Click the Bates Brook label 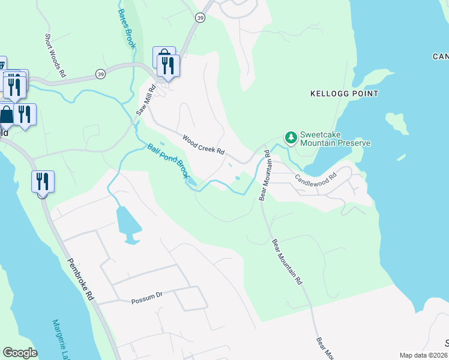pyautogui.click(x=126, y=28)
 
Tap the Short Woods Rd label pyautogui.click(x=55, y=55)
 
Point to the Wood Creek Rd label pyautogui.click(x=203, y=143)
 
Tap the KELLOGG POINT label pyautogui.click(x=345, y=94)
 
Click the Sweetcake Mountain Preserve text pyautogui.click(x=335, y=139)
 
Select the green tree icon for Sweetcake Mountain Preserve pyautogui.click(x=291, y=138)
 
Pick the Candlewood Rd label pyautogui.click(x=316, y=179)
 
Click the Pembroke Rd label pyautogui.click(x=81, y=279)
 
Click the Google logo pyautogui.click(x=20, y=353)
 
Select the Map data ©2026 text pyautogui.click(x=423, y=355)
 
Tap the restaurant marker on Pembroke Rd pyautogui.click(x=43, y=181)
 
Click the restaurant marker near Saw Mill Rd pyautogui.click(x=169, y=66)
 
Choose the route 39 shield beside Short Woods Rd pyautogui.click(x=100, y=74)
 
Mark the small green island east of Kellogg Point pyautogui.click(x=397, y=122)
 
